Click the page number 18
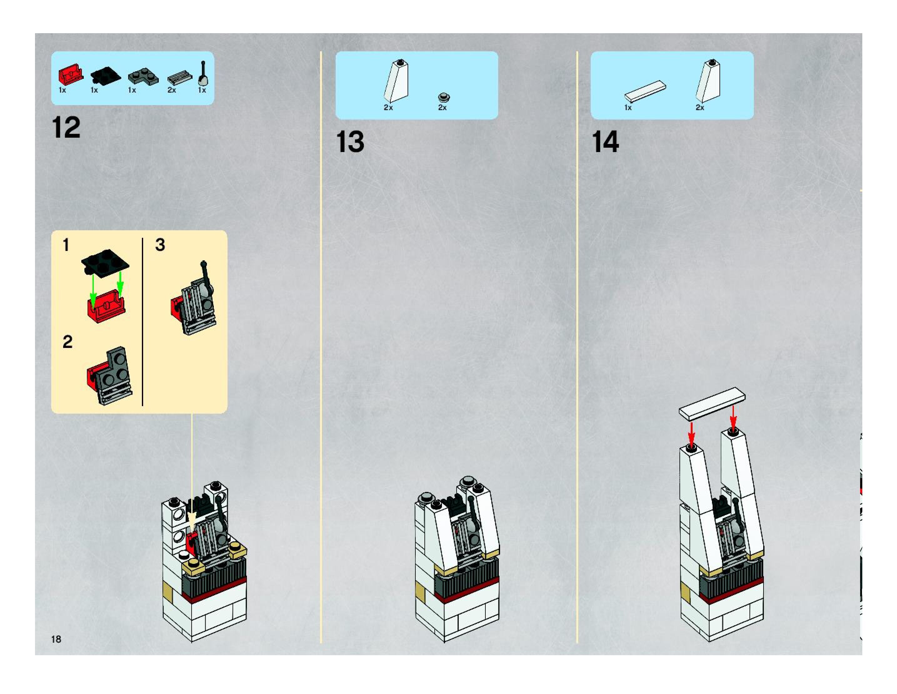coord(56,639)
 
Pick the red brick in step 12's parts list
coord(70,75)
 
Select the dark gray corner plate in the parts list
coord(143,76)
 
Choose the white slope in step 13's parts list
coord(396,81)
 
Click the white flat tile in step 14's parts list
coord(645,91)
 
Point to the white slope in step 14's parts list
coord(708,81)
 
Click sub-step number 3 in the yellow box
coord(160,245)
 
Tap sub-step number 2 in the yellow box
coord(68,342)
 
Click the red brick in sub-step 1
coord(106,306)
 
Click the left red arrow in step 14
coord(692,434)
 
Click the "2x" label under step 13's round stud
coord(442,108)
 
